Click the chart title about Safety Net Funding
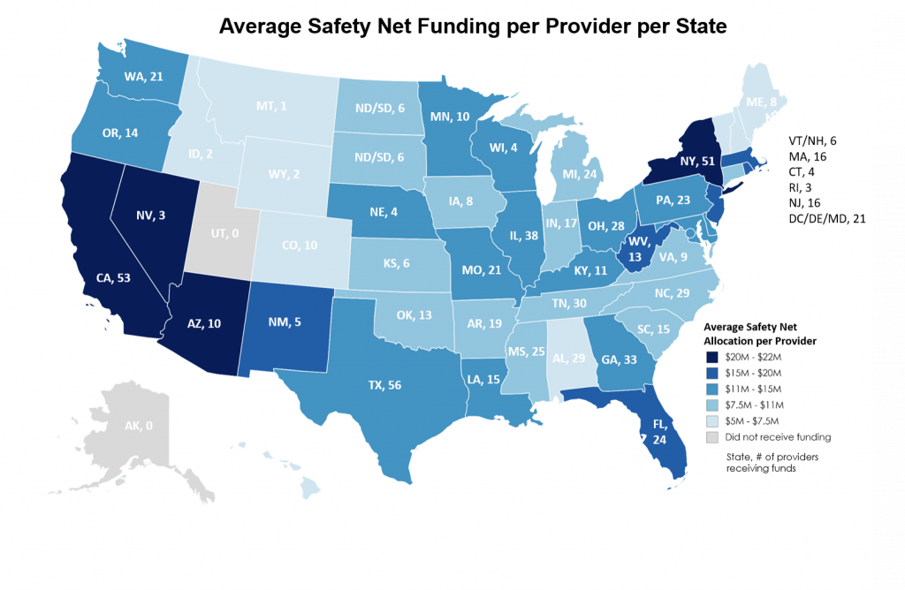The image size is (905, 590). point(473,26)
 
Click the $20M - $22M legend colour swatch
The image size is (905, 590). point(713,357)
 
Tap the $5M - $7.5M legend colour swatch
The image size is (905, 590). point(713,420)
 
